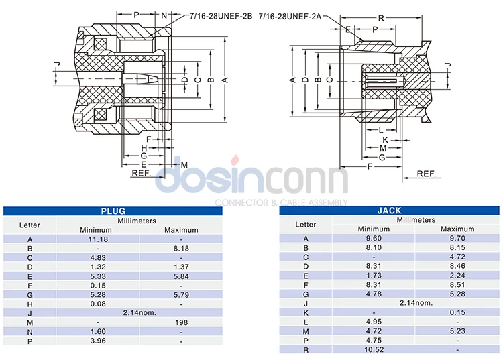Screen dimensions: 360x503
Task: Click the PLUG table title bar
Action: tap(113, 211)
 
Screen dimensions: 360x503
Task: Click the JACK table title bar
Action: tap(389, 211)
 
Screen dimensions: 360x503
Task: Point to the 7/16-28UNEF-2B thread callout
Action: tap(217, 14)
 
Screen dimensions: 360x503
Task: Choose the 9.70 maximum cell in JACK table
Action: tap(457, 238)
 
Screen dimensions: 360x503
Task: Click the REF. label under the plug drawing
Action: tap(141, 173)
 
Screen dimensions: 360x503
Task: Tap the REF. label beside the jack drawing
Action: tap(427, 173)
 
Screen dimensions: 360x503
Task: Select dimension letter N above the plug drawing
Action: tap(164, 14)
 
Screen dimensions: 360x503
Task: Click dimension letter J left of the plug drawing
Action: tap(56, 64)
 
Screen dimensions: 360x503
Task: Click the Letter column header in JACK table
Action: tap(306, 225)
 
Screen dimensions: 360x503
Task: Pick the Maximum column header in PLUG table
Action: tap(181, 229)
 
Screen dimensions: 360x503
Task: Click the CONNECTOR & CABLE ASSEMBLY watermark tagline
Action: tap(281, 202)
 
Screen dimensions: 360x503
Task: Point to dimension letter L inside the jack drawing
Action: tap(380, 129)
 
